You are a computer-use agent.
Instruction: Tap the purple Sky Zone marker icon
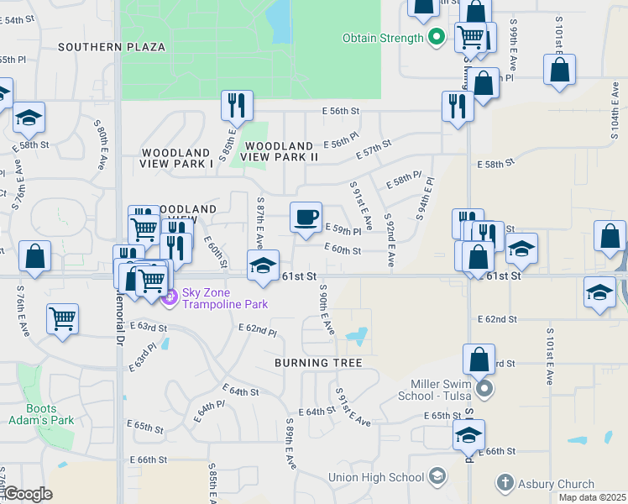(x=170, y=297)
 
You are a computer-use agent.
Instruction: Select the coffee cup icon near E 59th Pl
(x=306, y=217)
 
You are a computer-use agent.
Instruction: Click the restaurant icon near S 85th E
(x=237, y=105)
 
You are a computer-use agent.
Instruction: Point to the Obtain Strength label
(x=383, y=38)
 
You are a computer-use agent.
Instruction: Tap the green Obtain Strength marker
(x=436, y=37)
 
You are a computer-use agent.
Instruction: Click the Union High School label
(x=376, y=477)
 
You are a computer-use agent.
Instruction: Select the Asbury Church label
(x=556, y=484)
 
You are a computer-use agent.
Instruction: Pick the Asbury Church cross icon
(x=505, y=483)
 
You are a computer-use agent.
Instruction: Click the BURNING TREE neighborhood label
(x=318, y=363)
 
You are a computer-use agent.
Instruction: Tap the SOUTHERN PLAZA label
(x=112, y=47)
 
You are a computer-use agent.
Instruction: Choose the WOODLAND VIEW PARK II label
(x=280, y=151)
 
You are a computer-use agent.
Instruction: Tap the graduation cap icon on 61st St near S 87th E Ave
(x=263, y=265)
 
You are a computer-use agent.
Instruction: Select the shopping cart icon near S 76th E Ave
(x=62, y=318)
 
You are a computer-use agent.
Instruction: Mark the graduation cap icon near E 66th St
(x=468, y=434)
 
